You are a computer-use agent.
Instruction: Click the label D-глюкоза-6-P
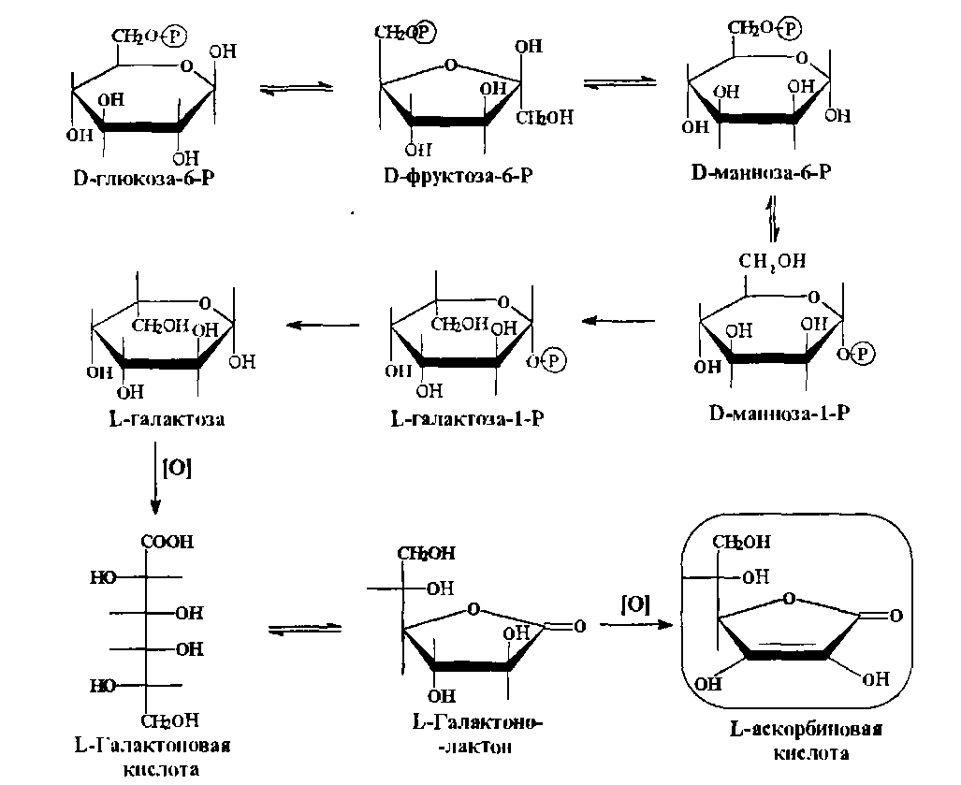pos(146,178)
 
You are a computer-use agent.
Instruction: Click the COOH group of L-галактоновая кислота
pos(167,541)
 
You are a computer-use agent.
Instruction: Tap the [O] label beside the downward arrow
pos(177,469)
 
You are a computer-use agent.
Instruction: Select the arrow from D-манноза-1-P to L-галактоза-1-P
pos(619,322)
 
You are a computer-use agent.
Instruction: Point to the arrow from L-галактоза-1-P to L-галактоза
pos(319,325)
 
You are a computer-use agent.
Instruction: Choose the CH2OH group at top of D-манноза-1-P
pos(774,261)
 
